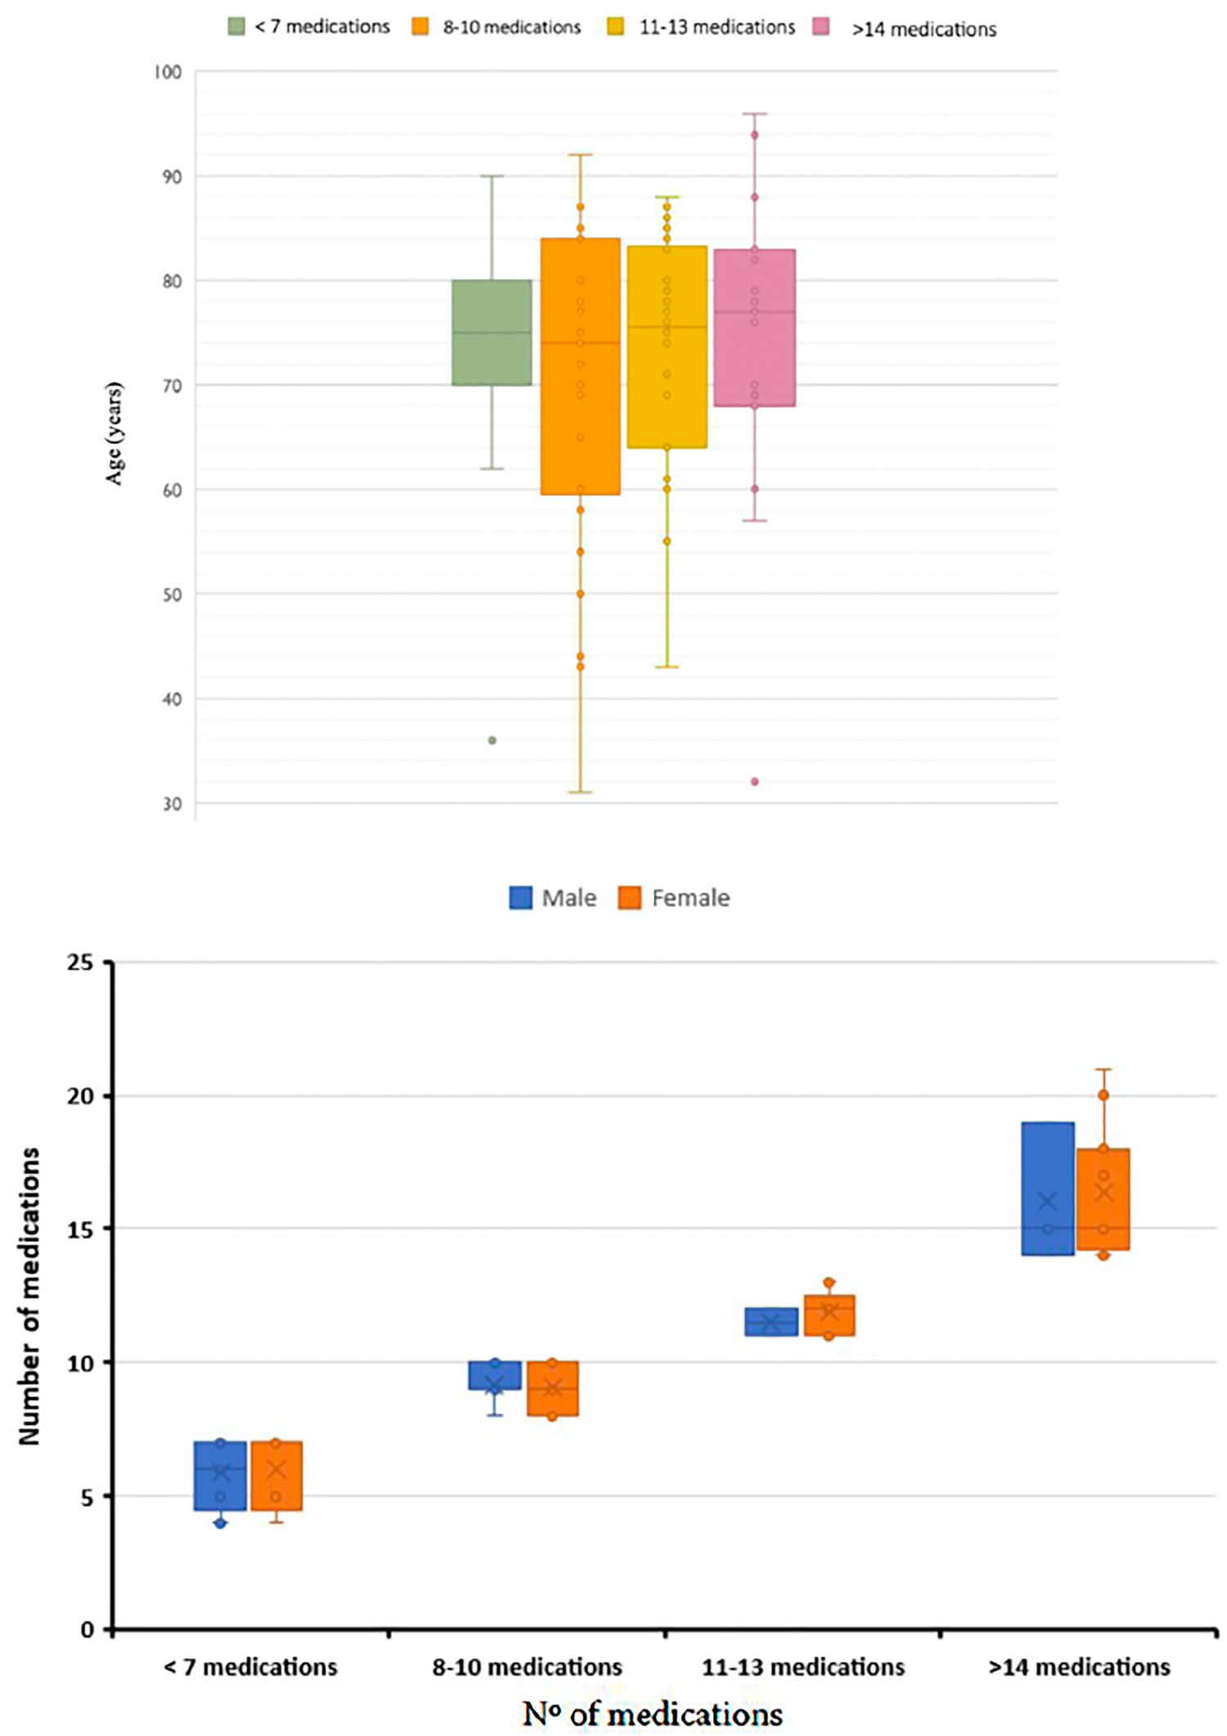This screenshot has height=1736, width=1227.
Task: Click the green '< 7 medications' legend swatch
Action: (236, 26)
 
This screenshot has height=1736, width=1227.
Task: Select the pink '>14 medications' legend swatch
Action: (820, 27)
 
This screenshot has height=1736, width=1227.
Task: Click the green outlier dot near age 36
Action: (492, 740)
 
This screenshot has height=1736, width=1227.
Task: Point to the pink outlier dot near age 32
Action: (755, 782)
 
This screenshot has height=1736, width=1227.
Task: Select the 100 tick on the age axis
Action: (168, 73)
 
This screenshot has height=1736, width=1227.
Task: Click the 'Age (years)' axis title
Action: (114, 433)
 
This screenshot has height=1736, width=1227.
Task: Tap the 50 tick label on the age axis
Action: (171, 594)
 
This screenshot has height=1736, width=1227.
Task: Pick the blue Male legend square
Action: (520, 898)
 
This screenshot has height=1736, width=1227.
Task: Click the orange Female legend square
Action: (629, 898)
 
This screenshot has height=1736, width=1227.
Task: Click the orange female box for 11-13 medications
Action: (829, 1315)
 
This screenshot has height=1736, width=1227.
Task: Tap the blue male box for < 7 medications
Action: (220, 1475)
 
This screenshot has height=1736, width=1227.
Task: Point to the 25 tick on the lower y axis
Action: (80, 962)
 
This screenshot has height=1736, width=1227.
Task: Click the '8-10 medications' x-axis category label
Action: (527, 1666)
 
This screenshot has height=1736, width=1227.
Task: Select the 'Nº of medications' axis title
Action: (652, 1713)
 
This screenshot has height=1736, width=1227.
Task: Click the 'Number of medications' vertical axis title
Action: (29, 1296)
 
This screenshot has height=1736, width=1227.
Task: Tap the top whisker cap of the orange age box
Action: (580, 155)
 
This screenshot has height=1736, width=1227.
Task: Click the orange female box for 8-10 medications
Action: (552, 1388)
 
